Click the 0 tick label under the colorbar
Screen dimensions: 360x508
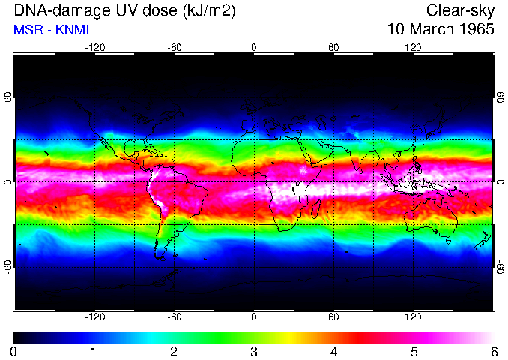(x=14, y=351)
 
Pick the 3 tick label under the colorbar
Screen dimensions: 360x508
(x=253, y=351)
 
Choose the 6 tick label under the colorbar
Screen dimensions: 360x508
(x=493, y=351)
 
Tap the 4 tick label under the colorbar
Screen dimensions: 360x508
(x=333, y=351)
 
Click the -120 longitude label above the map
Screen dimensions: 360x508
(x=94, y=47)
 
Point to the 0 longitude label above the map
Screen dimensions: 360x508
(x=253, y=47)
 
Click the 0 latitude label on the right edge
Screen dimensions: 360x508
(x=500, y=182)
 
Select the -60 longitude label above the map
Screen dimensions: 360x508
(x=174, y=47)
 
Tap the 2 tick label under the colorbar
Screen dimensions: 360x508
(x=174, y=351)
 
